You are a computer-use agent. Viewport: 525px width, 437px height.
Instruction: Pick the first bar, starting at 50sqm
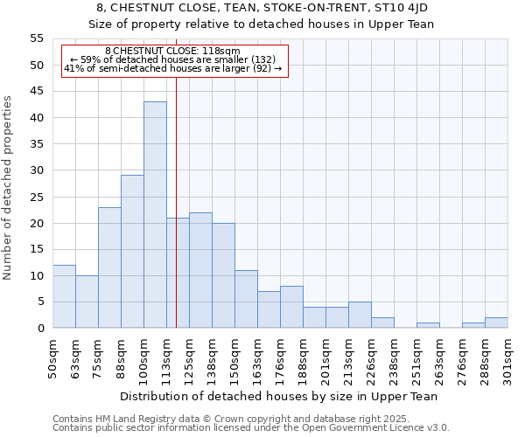tap(64, 296)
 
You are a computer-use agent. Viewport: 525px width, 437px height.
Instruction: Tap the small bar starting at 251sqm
tap(428, 325)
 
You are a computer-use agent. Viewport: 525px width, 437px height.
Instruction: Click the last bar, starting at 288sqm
tap(496, 323)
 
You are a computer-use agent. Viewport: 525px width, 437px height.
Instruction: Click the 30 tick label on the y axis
tap(36, 170)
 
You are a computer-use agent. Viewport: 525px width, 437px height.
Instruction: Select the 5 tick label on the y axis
tap(39, 302)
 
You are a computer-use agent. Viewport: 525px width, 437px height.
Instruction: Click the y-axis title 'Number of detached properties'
tap(9, 188)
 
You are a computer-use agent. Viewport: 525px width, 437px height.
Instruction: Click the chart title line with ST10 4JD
tap(262, 8)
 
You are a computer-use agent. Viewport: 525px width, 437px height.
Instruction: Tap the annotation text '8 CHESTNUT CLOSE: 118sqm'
tap(172, 52)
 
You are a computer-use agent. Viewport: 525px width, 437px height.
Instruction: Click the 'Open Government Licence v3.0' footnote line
tap(251, 427)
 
